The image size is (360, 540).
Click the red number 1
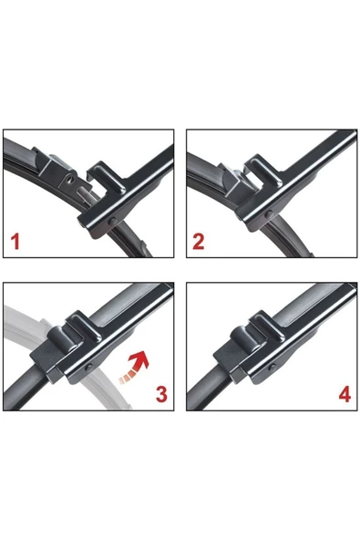pos(15,242)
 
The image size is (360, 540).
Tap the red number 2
pos(199,242)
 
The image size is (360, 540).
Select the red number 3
pos(161,394)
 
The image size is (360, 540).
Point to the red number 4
pos(345,394)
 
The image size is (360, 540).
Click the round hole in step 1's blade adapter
pos(70,180)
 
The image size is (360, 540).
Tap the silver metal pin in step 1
pos(85,193)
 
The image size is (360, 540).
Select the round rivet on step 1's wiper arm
pos(112,222)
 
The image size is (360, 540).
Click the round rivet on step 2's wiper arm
pos(269,214)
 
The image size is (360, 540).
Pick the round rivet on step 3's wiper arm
pos(88,368)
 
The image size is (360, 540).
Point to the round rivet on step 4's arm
pos(273,368)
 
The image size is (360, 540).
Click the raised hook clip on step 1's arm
pos(106,179)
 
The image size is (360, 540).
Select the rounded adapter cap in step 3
pos(59,339)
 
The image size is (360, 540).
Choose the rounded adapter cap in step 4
pos(243,339)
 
